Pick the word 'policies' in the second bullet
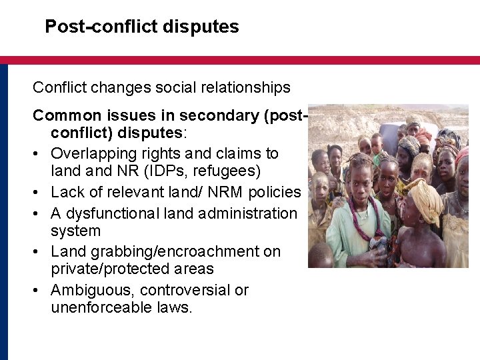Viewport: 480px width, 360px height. [275, 193]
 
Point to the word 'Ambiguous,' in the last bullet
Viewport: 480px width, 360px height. [86, 290]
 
